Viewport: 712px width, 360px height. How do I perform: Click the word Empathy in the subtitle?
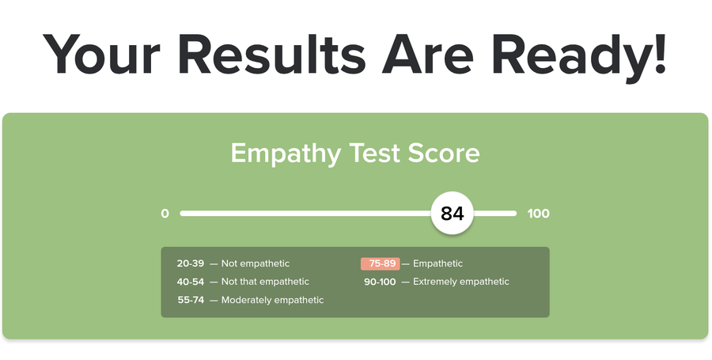click(286, 154)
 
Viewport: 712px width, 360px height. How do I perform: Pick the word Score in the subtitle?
click(444, 153)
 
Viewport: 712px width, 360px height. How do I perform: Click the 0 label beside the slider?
click(165, 214)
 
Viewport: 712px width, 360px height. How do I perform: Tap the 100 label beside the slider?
click(539, 214)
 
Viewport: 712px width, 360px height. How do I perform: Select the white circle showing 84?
click(453, 214)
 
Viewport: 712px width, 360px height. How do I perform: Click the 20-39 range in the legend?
click(190, 263)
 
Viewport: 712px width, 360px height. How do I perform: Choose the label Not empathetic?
click(256, 263)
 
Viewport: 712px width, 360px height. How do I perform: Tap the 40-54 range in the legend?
click(190, 282)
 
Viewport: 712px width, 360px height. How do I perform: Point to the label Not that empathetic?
click(265, 282)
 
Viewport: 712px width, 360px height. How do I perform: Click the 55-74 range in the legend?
click(191, 300)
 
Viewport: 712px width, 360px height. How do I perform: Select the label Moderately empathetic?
click(272, 300)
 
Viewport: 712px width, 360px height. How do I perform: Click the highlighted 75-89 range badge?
click(381, 263)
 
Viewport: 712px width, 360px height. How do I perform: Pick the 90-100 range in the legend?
click(380, 282)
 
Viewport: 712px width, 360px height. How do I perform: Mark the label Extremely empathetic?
click(461, 282)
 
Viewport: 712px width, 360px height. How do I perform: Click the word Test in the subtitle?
click(374, 153)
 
